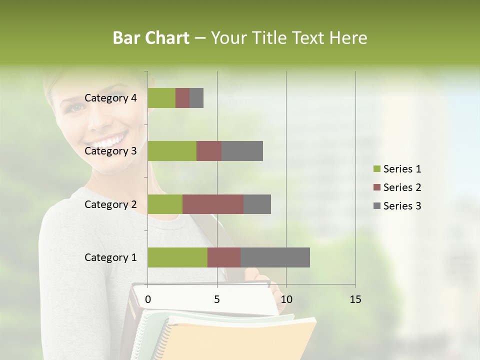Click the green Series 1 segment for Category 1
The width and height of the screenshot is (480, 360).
click(x=177, y=257)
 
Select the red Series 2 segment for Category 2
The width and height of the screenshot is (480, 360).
click(x=213, y=204)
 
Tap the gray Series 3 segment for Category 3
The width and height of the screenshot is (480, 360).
click(x=242, y=151)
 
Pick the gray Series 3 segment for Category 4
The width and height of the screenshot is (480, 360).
click(x=196, y=98)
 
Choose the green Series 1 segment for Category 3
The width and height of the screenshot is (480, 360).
click(x=172, y=151)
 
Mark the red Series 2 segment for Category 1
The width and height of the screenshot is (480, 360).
click(x=224, y=257)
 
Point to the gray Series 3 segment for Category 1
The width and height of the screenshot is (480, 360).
click(x=275, y=257)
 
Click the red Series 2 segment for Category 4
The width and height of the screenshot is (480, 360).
click(x=182, y=98)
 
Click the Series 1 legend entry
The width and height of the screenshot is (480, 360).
click(x=397, y=169)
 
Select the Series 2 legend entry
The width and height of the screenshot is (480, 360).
click(x=397, y=187)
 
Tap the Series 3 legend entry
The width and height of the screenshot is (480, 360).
click(x=397, y=206)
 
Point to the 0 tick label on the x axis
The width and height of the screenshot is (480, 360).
click(x=148, y=299)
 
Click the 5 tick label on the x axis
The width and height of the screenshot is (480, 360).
click(x=217, y=299)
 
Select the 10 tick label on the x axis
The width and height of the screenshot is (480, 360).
click(x=286, y=299)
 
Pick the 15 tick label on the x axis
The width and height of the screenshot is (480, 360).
click(x=355, y=299)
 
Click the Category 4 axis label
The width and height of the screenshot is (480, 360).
click(x=110, y=98)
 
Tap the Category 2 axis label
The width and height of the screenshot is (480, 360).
click(x=110, y=204)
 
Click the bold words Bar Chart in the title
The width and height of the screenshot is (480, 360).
click(x=151, y=38)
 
